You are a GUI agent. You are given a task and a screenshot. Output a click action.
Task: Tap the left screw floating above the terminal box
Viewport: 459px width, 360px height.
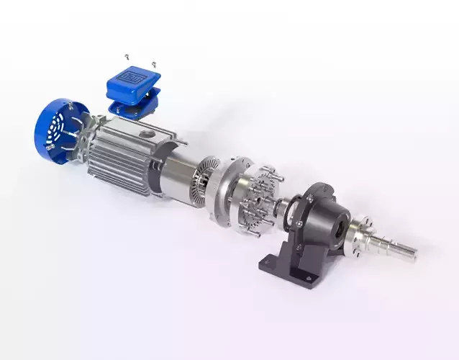point(127,55)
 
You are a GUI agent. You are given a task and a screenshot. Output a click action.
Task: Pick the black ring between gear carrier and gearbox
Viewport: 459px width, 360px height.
point(288,209)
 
